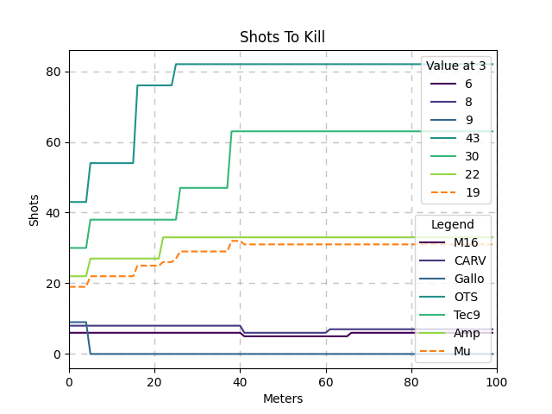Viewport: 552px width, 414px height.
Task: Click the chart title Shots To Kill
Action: [x=282, y=37]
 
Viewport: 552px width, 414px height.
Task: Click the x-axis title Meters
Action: [x=282, y=398]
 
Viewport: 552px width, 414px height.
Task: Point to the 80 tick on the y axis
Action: [x=54, y=72]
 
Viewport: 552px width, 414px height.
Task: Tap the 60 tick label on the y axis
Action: [x=54, y=142]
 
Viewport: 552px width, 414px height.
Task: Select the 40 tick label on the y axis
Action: [x=54, y=213]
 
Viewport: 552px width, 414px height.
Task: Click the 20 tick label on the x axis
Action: [x=154, y=381]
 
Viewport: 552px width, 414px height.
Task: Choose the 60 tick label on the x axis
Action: [x=325, y=381]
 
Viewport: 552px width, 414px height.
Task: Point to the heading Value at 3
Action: [x=455, y=66]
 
